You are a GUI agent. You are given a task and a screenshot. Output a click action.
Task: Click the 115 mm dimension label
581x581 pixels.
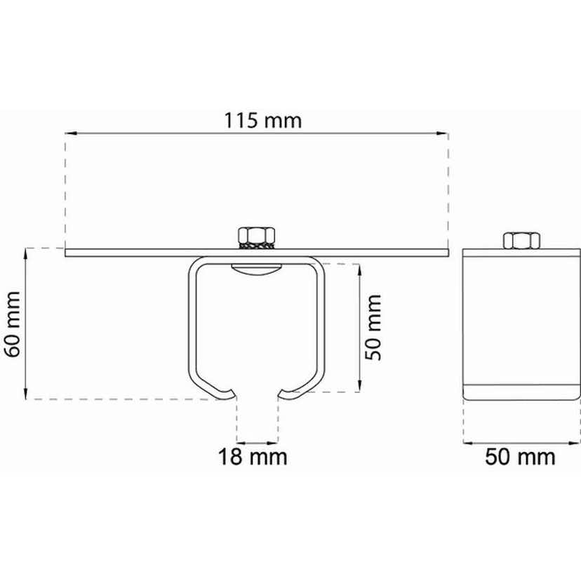pos(263,120)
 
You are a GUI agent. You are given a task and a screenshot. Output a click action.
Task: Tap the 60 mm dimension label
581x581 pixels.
pos(15,323)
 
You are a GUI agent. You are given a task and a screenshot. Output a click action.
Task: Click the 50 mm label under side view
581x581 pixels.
pos(521,458)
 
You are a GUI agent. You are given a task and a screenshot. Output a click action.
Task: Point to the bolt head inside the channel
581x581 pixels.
pos(258,271)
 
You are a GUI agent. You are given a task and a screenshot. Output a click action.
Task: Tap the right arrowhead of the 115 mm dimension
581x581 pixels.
pos(443,131)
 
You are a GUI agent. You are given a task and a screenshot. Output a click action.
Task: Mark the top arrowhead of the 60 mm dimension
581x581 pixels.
pos(26,252)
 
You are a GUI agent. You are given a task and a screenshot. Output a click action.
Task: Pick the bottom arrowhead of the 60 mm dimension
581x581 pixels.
pos(26,394)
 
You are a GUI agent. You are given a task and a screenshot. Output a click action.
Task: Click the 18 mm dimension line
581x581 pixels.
pos(257,442)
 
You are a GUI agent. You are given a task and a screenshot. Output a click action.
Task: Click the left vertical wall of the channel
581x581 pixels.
pos(191,323)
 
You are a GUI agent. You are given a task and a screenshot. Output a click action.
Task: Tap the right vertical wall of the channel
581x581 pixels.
pos(323,323)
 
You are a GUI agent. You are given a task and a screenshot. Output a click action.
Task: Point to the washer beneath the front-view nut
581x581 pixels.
pos(258,245)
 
